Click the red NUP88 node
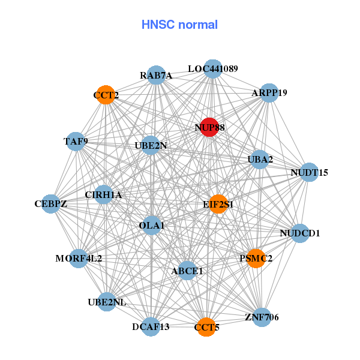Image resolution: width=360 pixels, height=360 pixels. [209, 127]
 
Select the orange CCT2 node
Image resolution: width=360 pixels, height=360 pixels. [106, 95]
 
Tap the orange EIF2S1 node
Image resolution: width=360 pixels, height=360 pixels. [218, 204]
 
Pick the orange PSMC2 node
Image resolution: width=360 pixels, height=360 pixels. [256, 259]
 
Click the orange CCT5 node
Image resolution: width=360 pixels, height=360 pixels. [206, 327]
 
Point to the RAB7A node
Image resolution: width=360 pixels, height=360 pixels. [156, 75]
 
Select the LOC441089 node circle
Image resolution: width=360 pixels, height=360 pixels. [213, 69]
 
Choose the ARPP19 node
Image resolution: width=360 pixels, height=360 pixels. [269, 93]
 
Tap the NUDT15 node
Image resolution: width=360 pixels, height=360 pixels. [309, 172]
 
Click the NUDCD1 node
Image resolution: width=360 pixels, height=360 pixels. [300, 232]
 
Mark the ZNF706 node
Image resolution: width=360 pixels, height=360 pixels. [262, 317]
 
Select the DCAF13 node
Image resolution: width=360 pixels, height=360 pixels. [151, 326]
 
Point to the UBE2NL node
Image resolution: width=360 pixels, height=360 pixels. [107, 302]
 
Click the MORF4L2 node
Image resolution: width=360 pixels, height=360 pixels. [79, 259]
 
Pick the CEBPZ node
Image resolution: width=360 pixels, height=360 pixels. [50, 204]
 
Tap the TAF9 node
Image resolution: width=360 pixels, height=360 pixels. [76, 142]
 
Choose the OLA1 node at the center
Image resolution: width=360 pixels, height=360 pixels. [152, 225]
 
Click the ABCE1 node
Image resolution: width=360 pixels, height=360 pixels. [187, 271]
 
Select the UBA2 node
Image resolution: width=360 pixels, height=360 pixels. [260, 159]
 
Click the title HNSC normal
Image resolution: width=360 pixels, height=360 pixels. [179, 25]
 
